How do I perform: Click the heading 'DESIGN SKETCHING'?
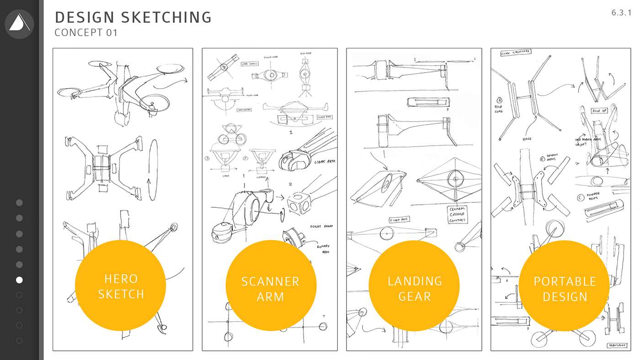[x=133, y=17]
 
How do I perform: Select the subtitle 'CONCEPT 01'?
[x=86, y=33]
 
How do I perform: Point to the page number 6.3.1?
[x=621, y=13]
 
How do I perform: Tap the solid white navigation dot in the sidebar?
[x=19, y=280]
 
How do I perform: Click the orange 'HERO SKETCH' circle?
[x=121, y=286]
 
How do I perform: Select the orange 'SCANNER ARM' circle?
[x=271, y=288]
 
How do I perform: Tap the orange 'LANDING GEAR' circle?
[x=415, y=288]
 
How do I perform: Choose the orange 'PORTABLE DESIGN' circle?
[x=565, y=288]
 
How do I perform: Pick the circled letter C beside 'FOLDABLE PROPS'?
[x=580, y=197]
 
